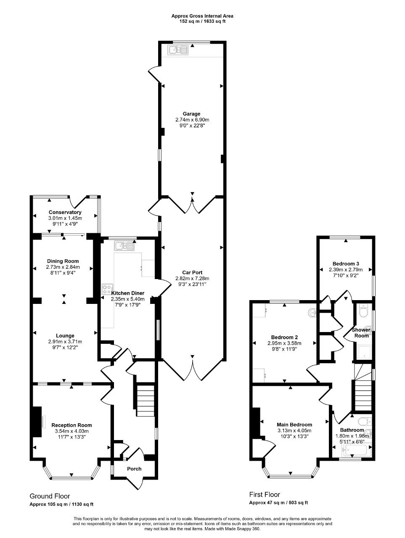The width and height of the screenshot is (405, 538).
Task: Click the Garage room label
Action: tap(191, 114)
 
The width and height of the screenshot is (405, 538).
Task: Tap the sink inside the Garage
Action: tap(178, 50)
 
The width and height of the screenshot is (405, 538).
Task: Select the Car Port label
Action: tap(192, 272)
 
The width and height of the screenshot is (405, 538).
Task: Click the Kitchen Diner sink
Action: tap(124, 246)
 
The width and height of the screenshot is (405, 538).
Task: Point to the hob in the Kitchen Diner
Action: tap(108, 289)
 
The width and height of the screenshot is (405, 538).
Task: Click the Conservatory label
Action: tap(65, 212)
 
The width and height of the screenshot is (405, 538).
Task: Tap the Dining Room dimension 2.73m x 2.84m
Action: tap(63, 267)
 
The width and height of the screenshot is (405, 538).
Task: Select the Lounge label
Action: tap(65, 335)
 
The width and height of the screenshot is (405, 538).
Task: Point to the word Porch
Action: tap(134, 469)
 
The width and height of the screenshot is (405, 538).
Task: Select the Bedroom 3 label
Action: tap(346, 264)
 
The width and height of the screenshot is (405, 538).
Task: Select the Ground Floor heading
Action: tap(50, 496)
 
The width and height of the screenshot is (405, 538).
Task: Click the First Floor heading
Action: tap(265, 494)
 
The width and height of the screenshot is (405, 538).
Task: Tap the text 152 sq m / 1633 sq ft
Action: tap(202, 21)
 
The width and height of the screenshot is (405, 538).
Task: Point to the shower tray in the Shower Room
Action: tap(363, 352)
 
